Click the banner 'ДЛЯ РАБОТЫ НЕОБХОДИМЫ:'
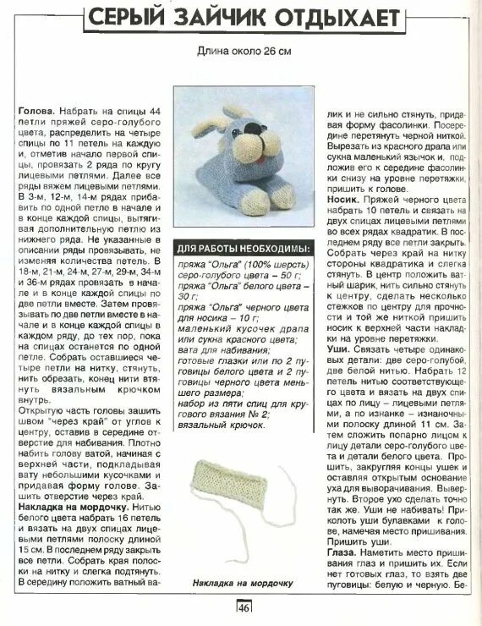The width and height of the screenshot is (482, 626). coord(243,250)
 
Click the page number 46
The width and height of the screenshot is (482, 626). coord(244,607)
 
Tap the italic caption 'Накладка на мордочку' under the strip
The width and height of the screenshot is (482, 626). coord(243,584)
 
